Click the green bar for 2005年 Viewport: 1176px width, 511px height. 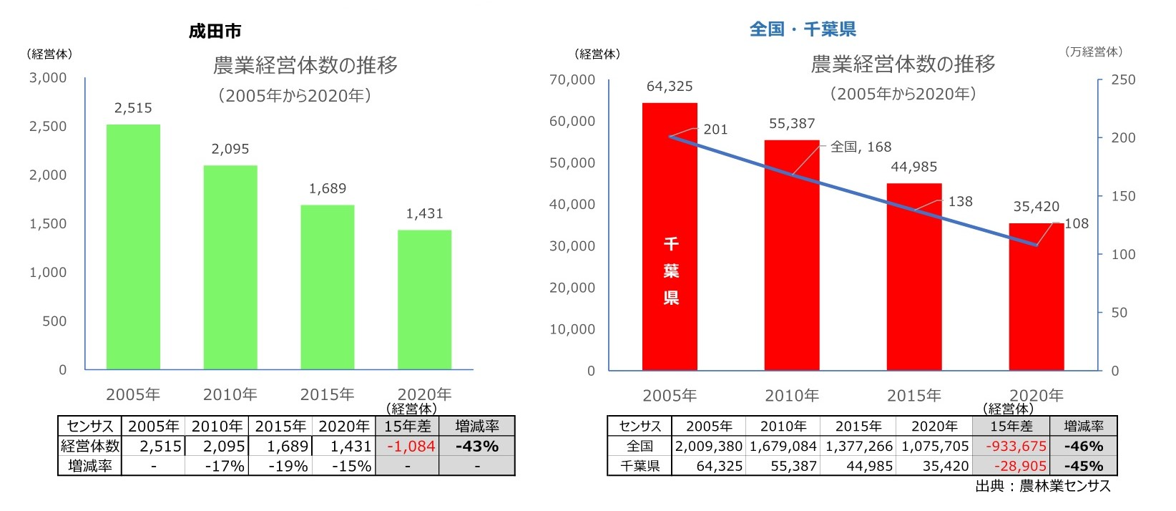click(133, 247)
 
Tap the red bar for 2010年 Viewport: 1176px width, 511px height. click(791, 255)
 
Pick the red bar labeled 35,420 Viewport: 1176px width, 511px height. click(1036, 296)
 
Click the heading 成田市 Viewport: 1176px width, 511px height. click(215, 31)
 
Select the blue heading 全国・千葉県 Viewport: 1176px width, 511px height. click(803, 29)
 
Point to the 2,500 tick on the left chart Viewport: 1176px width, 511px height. click(48, 127)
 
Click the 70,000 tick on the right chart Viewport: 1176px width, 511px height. click(572, 79)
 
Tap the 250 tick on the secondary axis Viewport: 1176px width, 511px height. click(1122, 79)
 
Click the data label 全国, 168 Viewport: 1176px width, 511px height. click(861, 147)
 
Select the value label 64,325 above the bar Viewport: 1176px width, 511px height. click(670, 87)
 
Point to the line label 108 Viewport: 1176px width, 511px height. click(1076, 224)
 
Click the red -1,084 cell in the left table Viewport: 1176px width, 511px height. click(411, 447)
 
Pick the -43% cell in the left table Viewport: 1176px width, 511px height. click(476, 447)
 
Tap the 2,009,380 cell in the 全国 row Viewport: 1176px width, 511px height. click(708, 447)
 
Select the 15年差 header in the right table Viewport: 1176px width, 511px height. click(1011, 427)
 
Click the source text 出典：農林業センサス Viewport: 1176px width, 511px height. click(1042, 487)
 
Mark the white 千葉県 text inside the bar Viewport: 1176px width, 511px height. click(670, 271)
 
